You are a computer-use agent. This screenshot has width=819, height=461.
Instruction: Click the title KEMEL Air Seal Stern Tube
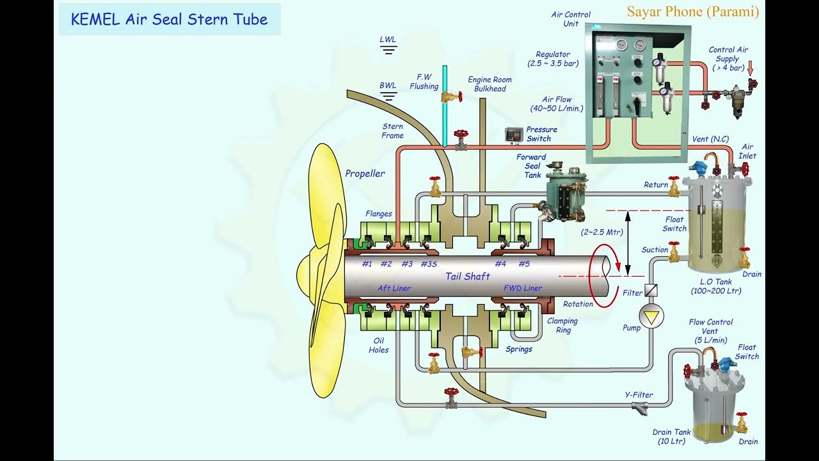(x=169, y=19)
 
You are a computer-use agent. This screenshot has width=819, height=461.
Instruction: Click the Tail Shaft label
(x=468, y=276)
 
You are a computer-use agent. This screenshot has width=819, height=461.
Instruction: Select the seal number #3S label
(x=429, y=264)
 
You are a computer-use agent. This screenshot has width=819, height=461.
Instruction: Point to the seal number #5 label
(x=524, y=264)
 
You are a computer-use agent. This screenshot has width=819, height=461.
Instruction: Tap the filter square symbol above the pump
(x=651, y=290)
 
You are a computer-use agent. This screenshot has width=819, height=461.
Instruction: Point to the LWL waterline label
(x=388, y=40)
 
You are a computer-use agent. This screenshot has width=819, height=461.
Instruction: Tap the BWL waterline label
(x=388, y=85)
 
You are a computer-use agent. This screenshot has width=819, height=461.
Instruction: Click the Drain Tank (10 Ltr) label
(x=672, y=437)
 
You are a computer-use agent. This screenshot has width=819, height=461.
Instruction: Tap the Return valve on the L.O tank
(x=674, y=187)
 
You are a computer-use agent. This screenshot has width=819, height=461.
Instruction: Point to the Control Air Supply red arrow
(x=751, y=66)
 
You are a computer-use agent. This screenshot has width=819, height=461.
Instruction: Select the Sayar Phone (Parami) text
(x=693, y=12)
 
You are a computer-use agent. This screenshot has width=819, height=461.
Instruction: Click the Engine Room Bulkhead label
(x=489, y=84)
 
